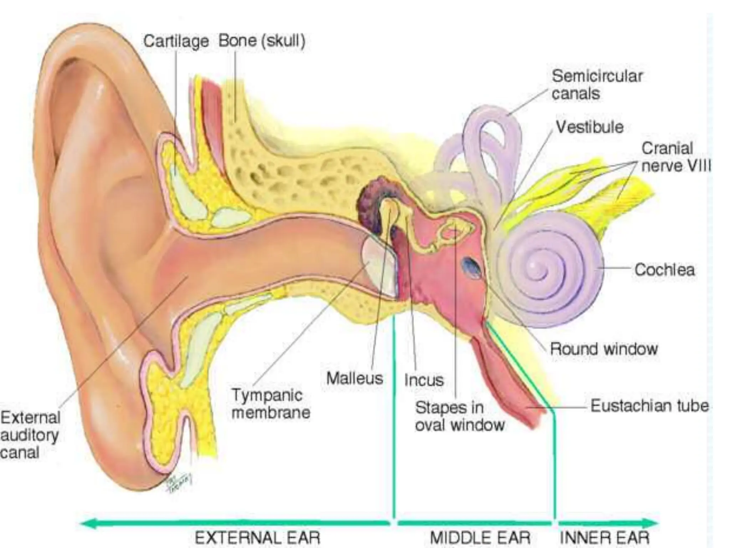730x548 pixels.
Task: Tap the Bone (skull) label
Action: tap(262, 41)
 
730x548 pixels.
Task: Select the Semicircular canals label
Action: tap(597, 85)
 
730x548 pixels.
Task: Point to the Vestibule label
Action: tap(590, 127)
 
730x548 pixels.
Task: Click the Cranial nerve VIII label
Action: tap(676, 157)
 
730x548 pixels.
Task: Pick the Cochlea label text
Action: tap(664, 270)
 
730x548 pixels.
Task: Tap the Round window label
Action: tap(604, 349)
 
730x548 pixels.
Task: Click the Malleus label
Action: tap(355, 378)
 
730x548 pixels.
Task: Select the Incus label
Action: tap(424, 380)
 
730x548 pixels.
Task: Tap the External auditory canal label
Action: tap(30, 435)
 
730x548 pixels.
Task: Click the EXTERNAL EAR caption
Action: tap(257, 537)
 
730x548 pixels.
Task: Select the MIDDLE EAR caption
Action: tap(480, 538)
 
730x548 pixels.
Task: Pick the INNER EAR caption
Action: tap(605, 538)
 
